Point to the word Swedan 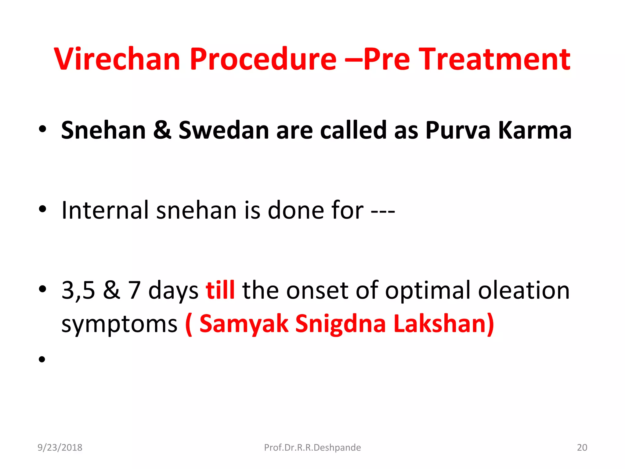click(224, 130)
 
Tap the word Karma click(535, 130)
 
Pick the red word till click(220, 290)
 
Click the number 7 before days click(134, 290)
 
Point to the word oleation click(524, 290)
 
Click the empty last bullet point click(42, 359)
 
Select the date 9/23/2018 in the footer click(60, 448)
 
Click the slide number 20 click(582, 448)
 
